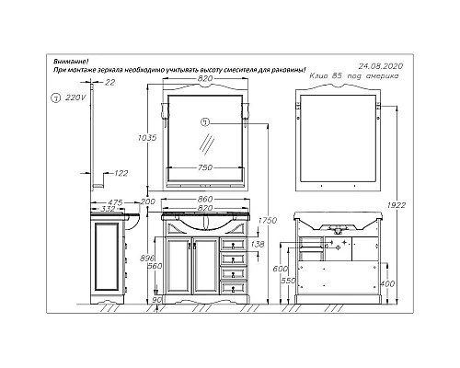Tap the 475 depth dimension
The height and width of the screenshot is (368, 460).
pyautogui.click(x=115, y=201)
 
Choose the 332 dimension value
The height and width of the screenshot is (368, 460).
pyautogui.click(x=109, y=210)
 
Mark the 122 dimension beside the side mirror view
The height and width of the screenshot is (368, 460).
pyautogui.click(x=122, y=171)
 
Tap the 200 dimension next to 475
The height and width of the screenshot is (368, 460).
pyautogui.click(x=146, y=201)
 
